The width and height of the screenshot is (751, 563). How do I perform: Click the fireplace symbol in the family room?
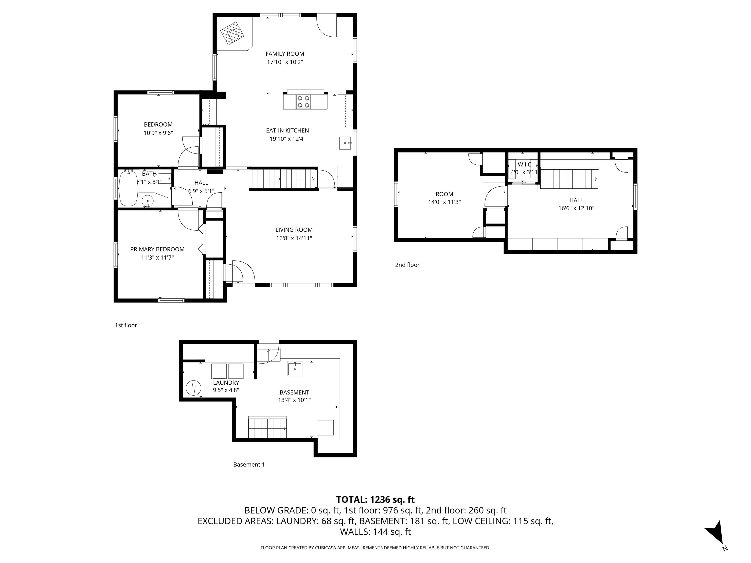click(x=232, y=33)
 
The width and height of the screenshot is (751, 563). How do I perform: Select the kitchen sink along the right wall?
click(x=345, y=143)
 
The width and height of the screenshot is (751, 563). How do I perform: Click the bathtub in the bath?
click(x=128, y=188)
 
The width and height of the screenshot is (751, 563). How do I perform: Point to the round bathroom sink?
click(x=147, y=201)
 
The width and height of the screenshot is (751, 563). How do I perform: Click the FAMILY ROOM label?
click(x=285, y=54)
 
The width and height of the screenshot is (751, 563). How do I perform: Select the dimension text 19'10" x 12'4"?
click(x=287, y=139)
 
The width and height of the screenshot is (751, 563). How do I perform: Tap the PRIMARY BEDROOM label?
click(x=157, y=249)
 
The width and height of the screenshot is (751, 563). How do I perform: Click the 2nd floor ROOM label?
click(x=444, y=194)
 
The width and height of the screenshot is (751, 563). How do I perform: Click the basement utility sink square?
click(x=295, y=368)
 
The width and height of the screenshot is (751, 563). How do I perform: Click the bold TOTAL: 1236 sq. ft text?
click(x=375, y=499)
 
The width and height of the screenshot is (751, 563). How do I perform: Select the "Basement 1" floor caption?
click(x=249, y=465)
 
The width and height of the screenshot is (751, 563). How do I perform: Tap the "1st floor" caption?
click(x=126, y=325)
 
